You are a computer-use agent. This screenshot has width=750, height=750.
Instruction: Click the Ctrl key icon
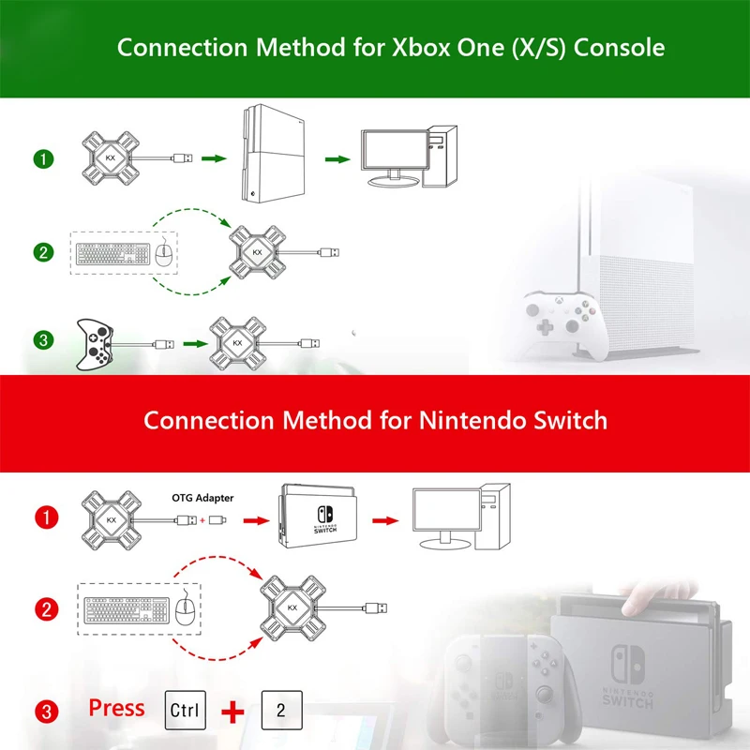point(184,708)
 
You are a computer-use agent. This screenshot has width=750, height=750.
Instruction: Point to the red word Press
point(116,707)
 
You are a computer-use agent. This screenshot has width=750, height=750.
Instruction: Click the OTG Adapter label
point(202,498)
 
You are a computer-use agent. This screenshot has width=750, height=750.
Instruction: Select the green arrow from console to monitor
point(337,159)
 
